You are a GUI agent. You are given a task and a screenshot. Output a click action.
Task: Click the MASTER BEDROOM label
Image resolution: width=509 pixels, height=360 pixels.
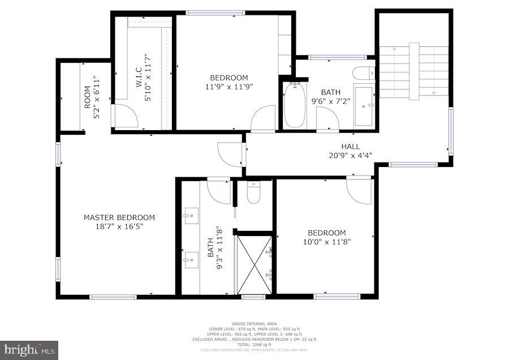[x=119, y=217]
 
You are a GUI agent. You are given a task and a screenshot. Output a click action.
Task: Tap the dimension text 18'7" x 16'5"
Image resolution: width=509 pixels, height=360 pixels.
[x=119, y=226]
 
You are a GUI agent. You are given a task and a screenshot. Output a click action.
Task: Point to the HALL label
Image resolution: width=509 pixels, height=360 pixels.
[x=350, y=147]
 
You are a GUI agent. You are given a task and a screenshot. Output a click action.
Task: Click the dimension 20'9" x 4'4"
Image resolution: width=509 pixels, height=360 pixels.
[x=350, y=155]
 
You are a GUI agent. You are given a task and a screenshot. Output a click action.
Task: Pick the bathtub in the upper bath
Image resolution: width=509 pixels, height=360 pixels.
[x=294, y=105]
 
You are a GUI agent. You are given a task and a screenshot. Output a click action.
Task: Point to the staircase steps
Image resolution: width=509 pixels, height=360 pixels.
[x=413, y=71]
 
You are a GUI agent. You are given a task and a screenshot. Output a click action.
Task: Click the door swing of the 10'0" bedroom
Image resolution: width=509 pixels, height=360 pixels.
[x=359, y=191]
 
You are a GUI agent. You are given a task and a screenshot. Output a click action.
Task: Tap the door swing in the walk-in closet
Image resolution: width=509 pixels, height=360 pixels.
[x=125, y=115]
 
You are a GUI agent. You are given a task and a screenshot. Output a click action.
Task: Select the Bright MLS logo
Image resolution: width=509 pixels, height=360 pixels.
[x=29, y=350]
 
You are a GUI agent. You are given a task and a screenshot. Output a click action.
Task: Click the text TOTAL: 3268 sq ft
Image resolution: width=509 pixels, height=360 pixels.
[x=254, y=345]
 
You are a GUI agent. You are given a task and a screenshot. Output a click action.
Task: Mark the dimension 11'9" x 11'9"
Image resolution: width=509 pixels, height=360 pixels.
[x=228, y=87]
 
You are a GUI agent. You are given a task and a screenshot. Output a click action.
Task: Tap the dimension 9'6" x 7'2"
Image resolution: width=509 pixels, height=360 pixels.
[x=331, y=101]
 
